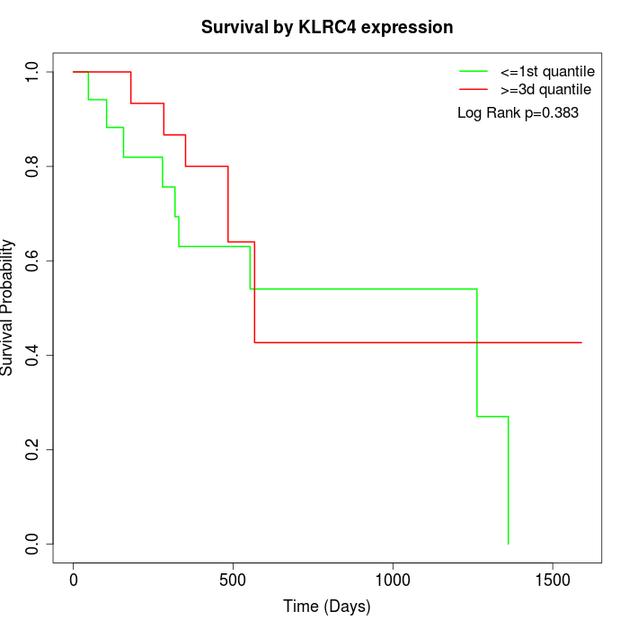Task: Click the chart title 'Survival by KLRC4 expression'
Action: pyautogui.click(x=327, y=28)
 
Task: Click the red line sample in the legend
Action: pyautogui.click(x=474, y=89)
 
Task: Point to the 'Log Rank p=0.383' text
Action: pyautogui.click(x=518, y=113)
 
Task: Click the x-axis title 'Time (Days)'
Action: pyautogui.click(x=327, y=607)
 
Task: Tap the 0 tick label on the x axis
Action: pyautogui.click(x=74, y=580)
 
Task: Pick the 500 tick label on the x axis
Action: pyautogui.click(x=233, y=580)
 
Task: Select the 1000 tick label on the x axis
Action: pyautogui.click(x=393, y=580)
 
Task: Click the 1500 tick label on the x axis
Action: pyautogui.click(x=552, y=580)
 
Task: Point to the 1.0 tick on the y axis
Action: pyautogui.click(x=33, y=72)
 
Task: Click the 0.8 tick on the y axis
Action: pyautogui.click(x=33, y=166)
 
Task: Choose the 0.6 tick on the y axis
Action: pyautogui.click(x=33, y=261)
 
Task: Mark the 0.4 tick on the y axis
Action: pyautogui.click(x=33, y=355)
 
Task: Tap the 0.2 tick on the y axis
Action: pyautogui.click(x=33, y=449)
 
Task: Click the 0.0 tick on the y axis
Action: pyautogui.click(x=33, y=544)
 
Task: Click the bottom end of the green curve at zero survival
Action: pyautogui.click(x=509, y=544)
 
